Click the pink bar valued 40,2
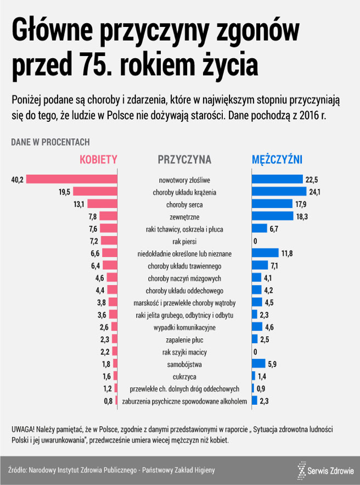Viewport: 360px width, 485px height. click(71, 180)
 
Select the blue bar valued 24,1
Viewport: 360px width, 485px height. click(279, 192)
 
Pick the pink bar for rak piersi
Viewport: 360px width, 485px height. click(110, 241)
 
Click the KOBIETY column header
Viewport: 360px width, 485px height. click(99, 160)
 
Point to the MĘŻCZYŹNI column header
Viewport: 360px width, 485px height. click(277, 160)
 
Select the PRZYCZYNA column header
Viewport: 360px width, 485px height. click(184, 160)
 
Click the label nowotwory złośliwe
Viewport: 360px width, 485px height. click(184, 180)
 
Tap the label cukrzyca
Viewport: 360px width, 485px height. click(184, 376)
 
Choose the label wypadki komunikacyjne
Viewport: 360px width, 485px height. click(184, 327)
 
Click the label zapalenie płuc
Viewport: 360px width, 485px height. click(184, 339)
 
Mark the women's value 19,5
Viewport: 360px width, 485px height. click(64, 192)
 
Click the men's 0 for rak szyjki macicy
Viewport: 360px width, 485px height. click(255, 352)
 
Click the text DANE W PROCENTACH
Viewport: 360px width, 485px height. click(50, 142)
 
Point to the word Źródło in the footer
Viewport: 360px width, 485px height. click(19, 470)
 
